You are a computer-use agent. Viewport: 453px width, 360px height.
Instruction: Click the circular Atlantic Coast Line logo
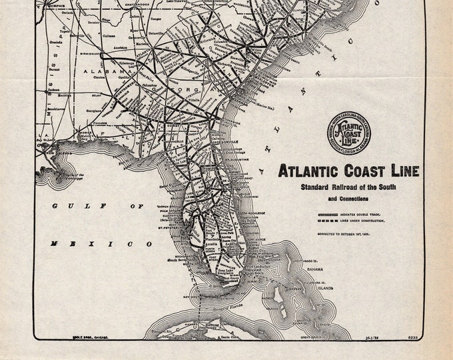click(x=348, y=132)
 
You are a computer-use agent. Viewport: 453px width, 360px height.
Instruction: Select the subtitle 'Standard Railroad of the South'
click(x=348, y=187)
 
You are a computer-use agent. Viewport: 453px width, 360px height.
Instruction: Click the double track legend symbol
click(x=324, y=214)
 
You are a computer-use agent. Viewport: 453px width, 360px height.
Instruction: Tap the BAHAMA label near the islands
click(x=315, y=269)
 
